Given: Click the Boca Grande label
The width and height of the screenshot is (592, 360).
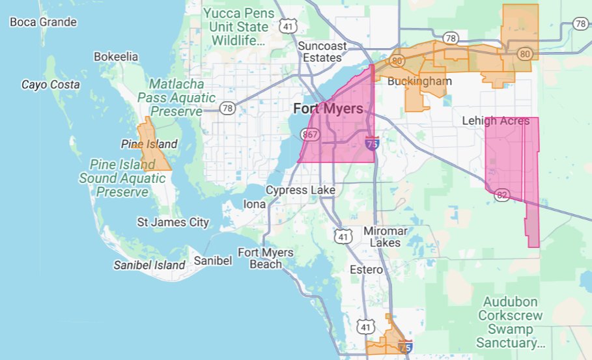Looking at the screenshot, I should coord(43,22).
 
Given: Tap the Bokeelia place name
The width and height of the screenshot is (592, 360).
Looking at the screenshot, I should coord(116,57).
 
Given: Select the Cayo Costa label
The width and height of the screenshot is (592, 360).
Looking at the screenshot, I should coord(51,85).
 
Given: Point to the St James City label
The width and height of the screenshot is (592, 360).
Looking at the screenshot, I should coord(173,223).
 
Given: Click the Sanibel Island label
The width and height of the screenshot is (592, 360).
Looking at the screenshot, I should coord(149,265).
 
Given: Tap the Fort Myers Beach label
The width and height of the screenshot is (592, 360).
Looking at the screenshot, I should coord(266,258).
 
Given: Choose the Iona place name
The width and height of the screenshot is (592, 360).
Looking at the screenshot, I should coord(254,204).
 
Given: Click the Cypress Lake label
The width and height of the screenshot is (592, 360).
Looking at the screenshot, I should coord(300,190).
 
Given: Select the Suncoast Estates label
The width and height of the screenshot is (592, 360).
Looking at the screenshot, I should coord(319,51).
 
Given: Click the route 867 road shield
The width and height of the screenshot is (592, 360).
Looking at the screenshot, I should coord(309,134).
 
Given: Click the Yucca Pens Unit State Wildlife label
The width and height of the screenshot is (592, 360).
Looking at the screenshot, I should coord(235,27).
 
